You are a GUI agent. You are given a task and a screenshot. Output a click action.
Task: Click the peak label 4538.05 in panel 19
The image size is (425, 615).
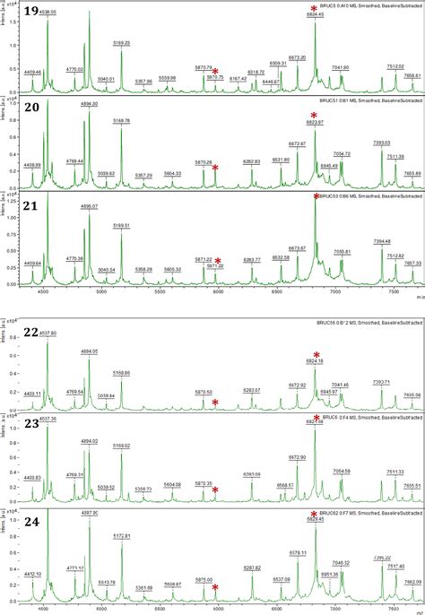point(48,12)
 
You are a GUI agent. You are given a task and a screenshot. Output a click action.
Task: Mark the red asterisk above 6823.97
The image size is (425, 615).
point(314,115)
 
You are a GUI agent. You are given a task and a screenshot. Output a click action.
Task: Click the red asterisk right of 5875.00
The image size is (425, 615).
point(215,587)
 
